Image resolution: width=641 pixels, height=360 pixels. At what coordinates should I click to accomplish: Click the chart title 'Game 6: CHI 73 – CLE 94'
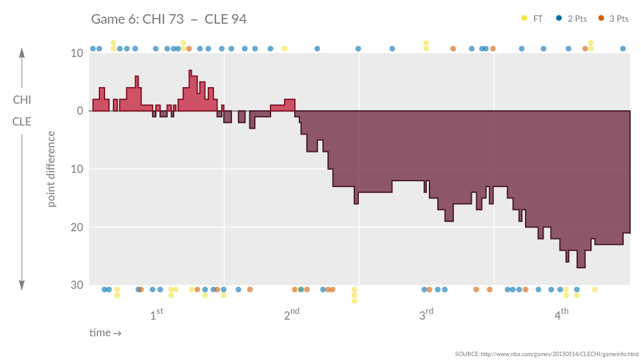[x=169, y=19]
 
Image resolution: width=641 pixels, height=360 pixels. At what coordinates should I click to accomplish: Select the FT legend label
[x=538, y=19]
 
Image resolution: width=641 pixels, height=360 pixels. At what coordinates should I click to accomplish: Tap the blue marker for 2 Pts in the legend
[x=559, y=19]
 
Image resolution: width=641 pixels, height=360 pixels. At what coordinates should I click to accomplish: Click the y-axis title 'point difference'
[x=52, y=169]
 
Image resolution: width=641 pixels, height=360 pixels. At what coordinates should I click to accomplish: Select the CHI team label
[x=22, y=100]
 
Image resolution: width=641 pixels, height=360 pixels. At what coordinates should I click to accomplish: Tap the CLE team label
[x=22, y=121]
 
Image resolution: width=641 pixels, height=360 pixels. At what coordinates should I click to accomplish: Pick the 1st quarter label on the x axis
[x=156, y=314]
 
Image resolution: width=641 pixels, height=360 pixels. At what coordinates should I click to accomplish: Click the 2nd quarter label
[x=292, y=314]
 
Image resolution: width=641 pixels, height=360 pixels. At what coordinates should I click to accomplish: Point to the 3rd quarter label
[x=426, y=314]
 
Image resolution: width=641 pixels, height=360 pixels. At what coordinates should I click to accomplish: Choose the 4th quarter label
[x=561, y=314]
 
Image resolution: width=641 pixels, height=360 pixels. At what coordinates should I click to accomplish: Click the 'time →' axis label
[x=105, y=333]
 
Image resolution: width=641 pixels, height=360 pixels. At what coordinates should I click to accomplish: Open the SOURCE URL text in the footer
[x=547, y=354]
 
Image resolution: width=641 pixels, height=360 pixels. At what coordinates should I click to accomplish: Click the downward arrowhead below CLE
[x=22, y=286]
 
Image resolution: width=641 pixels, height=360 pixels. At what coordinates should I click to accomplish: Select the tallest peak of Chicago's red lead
[x=190, y=71]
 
